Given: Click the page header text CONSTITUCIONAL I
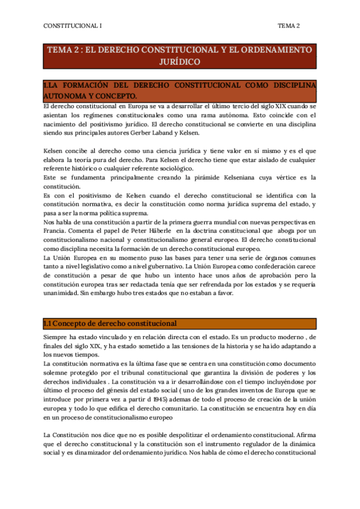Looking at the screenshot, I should [73, 26].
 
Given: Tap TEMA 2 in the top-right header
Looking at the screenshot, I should [289, 26].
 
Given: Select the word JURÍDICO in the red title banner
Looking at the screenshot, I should [179, 61].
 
